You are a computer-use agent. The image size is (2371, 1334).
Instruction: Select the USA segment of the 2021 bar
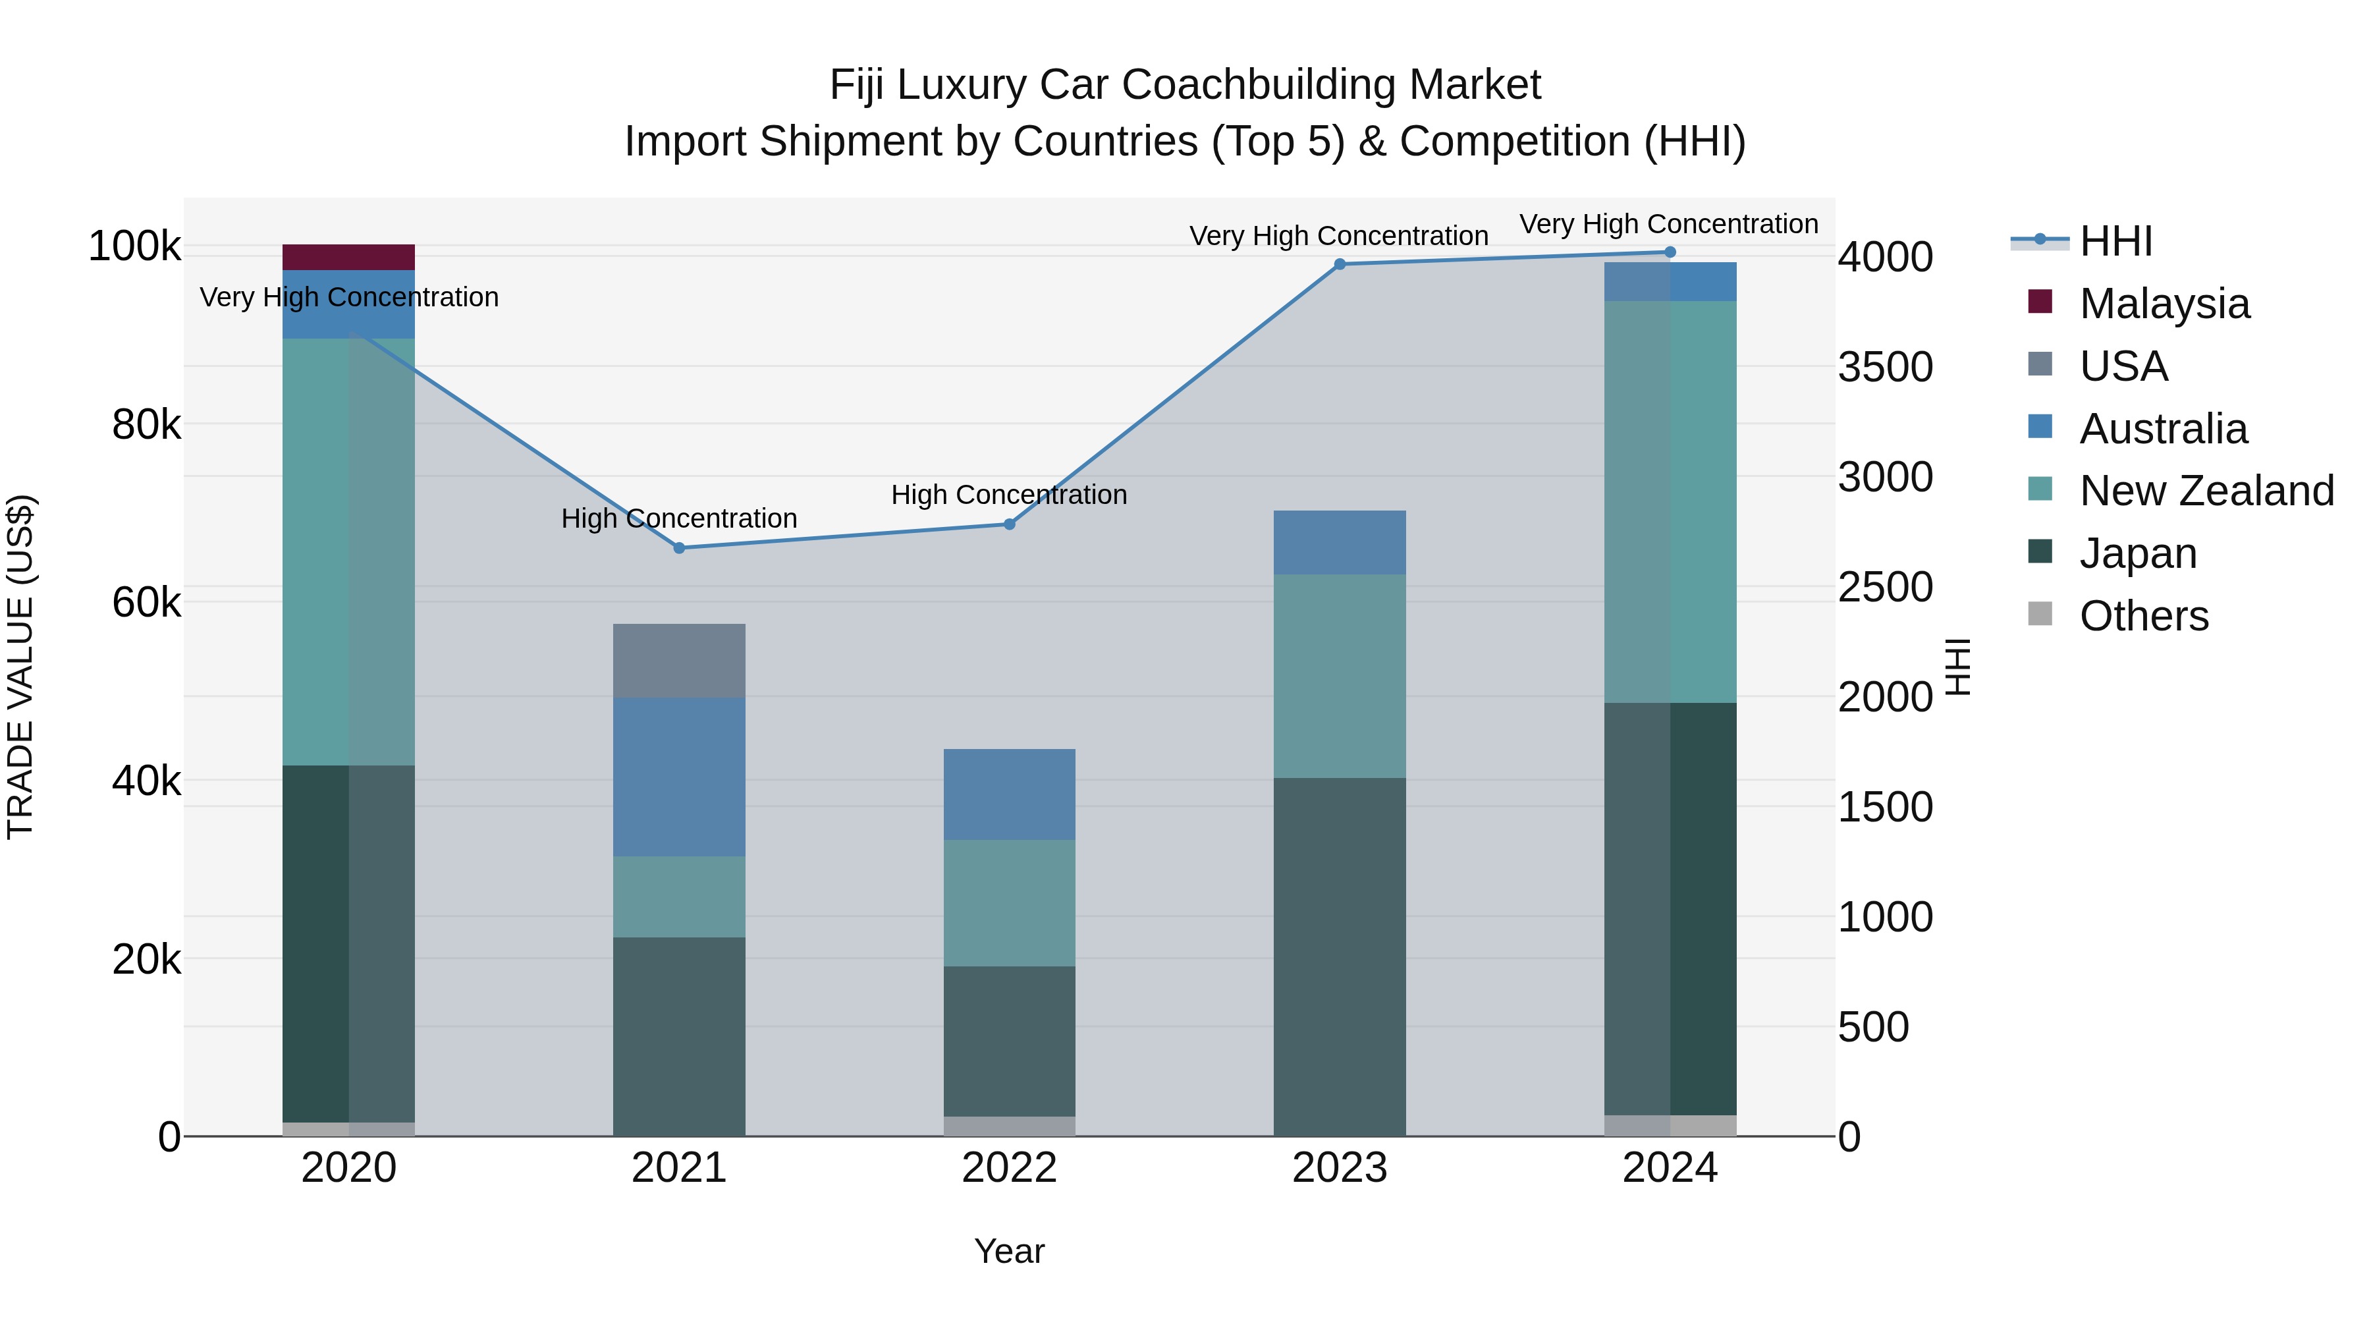pos(678,660)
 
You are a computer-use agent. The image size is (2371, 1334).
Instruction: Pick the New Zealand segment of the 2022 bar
pos(1009,903)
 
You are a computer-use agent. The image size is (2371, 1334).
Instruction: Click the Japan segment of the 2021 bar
pos(678,1036)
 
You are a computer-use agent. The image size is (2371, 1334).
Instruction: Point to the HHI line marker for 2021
pos(679,548)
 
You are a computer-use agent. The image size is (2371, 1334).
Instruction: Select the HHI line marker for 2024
pos(1670,252)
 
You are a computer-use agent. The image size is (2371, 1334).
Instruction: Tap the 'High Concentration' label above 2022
pos(1009,495)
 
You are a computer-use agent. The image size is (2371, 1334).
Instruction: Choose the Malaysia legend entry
pos(2163,304)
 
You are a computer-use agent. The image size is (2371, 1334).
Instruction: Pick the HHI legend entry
pos(2115,241)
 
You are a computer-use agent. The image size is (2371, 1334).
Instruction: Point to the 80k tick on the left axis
pos(146,426)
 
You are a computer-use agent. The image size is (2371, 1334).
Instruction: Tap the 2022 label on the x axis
pos(1009,1168)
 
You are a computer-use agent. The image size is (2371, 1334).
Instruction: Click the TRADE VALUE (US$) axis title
pos(20,667)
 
